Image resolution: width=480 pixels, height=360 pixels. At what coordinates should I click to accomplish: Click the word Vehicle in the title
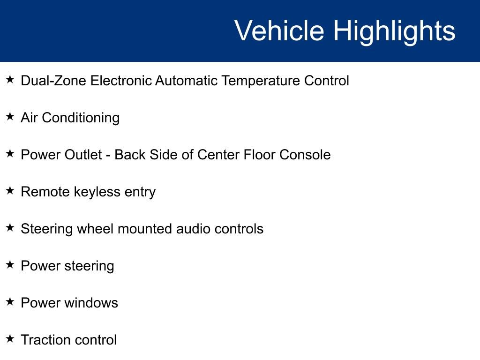click(279, 31)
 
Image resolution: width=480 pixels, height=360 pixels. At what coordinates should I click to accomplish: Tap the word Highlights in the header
click(394, 31)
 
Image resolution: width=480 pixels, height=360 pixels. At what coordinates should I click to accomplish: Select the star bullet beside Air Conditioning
click(10, 117)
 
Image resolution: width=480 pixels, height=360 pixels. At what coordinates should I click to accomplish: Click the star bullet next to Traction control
click(10, 338)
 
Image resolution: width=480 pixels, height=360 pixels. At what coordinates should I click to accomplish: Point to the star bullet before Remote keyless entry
click(10, 191)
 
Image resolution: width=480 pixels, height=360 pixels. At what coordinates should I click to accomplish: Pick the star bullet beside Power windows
click(10, 302)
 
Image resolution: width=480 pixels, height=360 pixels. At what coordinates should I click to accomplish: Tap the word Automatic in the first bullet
click(186, 81)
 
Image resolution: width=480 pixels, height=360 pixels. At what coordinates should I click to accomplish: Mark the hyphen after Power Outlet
click(108, 155)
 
